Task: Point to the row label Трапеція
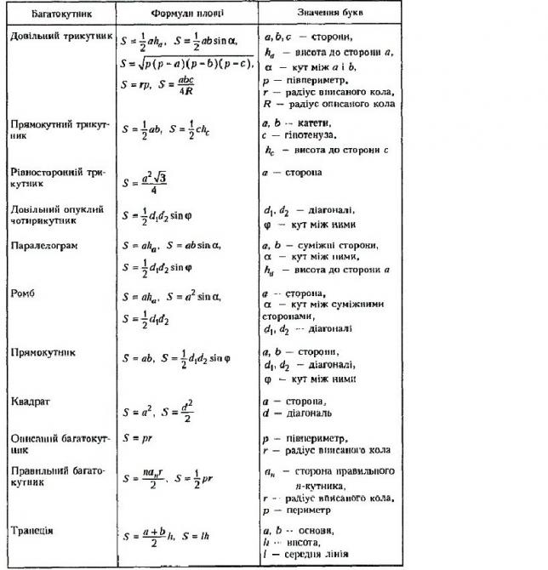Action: pos(33,530)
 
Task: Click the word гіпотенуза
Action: pos(310,134)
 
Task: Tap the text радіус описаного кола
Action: pos(340,103)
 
